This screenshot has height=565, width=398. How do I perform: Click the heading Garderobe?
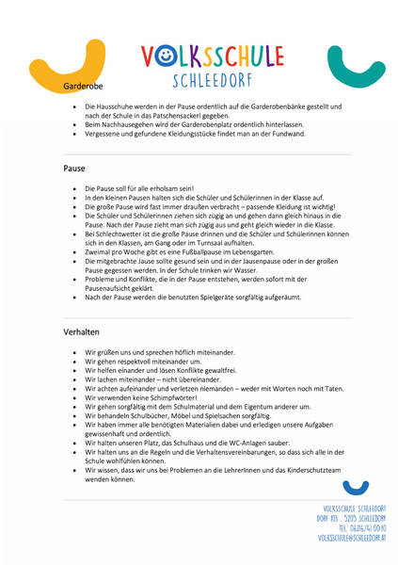tap(82, 86)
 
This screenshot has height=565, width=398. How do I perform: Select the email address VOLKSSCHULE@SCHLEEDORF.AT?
tap(352, 539)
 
